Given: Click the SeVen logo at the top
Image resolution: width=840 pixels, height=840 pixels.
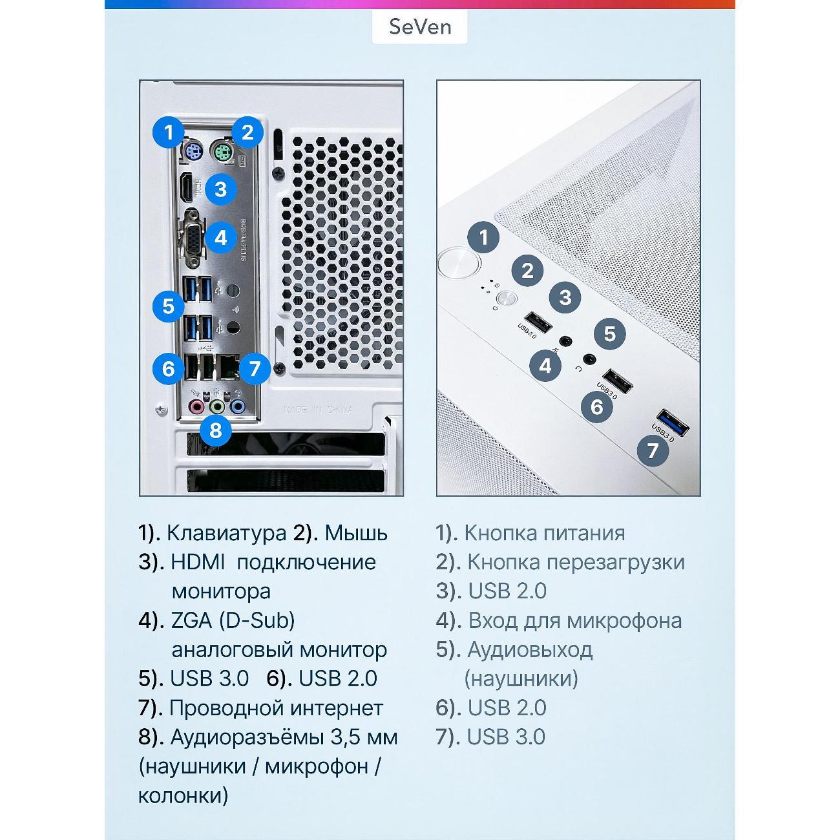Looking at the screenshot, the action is click(419, 27).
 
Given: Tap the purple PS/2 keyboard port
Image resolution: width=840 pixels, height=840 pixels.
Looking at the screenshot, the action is click(192, 153).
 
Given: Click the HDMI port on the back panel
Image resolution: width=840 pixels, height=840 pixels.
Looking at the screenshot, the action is click(187, 187).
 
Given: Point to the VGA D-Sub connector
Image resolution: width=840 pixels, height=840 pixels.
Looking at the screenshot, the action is click(191, 238).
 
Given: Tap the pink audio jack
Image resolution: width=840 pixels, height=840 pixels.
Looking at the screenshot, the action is click(196, 407).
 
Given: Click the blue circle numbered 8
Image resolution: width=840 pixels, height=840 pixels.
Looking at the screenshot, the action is click(216, 431).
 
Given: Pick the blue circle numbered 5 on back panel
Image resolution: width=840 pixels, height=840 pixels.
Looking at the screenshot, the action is click(168, 306).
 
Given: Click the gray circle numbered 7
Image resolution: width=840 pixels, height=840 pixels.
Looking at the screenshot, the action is click(653, 450).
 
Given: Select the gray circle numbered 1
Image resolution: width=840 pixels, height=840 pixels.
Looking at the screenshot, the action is click(483, 238).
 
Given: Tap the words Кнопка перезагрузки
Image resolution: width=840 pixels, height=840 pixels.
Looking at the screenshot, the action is click(576, 562).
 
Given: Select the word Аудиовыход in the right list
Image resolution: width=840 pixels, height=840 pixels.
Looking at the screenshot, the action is click(530, 649).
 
